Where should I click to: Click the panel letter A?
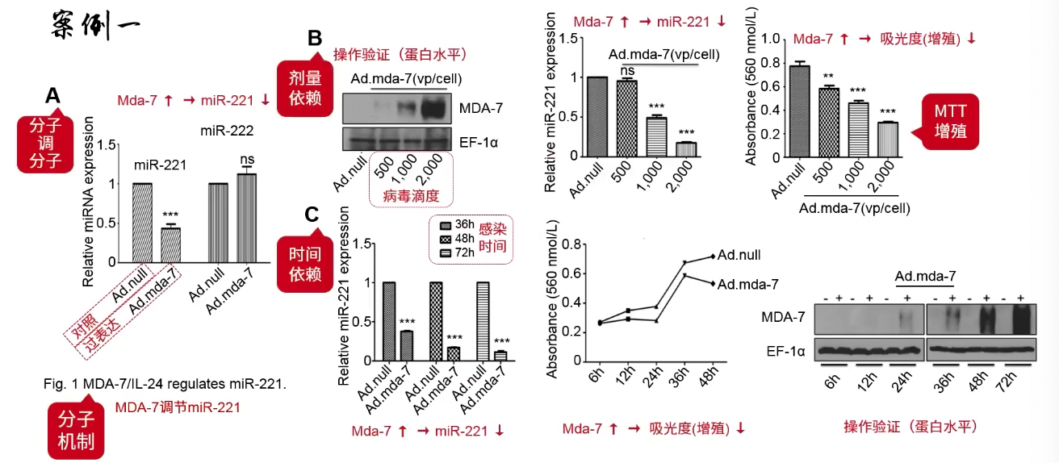click(52, 97)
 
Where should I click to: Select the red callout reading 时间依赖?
click(305, 264)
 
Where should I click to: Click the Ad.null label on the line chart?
click(739, 256)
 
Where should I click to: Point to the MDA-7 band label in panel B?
click(478, 106)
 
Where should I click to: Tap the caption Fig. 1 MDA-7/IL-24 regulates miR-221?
click(165, 384)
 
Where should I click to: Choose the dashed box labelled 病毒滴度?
click(412, 179)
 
